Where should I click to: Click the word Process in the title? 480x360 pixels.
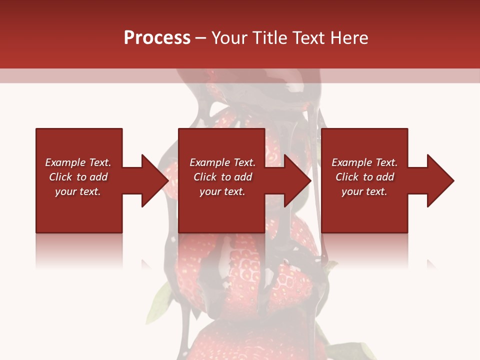tap(157, 38)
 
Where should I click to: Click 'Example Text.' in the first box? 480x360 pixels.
tap(78, 162)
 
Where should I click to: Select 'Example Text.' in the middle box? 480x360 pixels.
tap(222, 162)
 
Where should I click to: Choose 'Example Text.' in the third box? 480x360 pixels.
tap(364, 162)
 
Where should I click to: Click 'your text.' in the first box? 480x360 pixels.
tap(78, 191)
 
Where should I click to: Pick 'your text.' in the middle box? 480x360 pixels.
tap(222, 191)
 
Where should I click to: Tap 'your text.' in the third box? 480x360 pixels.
tap(364, 191)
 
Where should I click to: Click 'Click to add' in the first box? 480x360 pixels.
tap(78, 177)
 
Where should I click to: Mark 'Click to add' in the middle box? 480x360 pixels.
tap(222, 177)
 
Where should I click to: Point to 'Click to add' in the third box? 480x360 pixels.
tap(364, 177)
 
